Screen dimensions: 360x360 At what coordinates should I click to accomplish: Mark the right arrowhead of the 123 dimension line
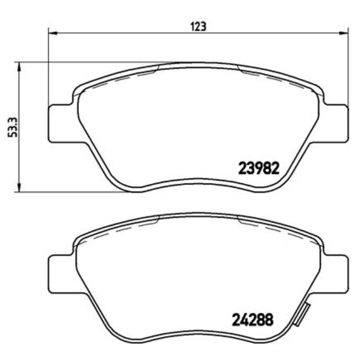click(x=344, y=33)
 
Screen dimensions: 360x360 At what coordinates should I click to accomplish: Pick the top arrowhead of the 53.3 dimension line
click(x=21, y=66)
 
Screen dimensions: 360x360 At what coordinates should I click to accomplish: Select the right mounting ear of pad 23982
click(x=337, y=121)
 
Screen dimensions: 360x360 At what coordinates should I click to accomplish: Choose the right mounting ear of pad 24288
click(x=337, y=273)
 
